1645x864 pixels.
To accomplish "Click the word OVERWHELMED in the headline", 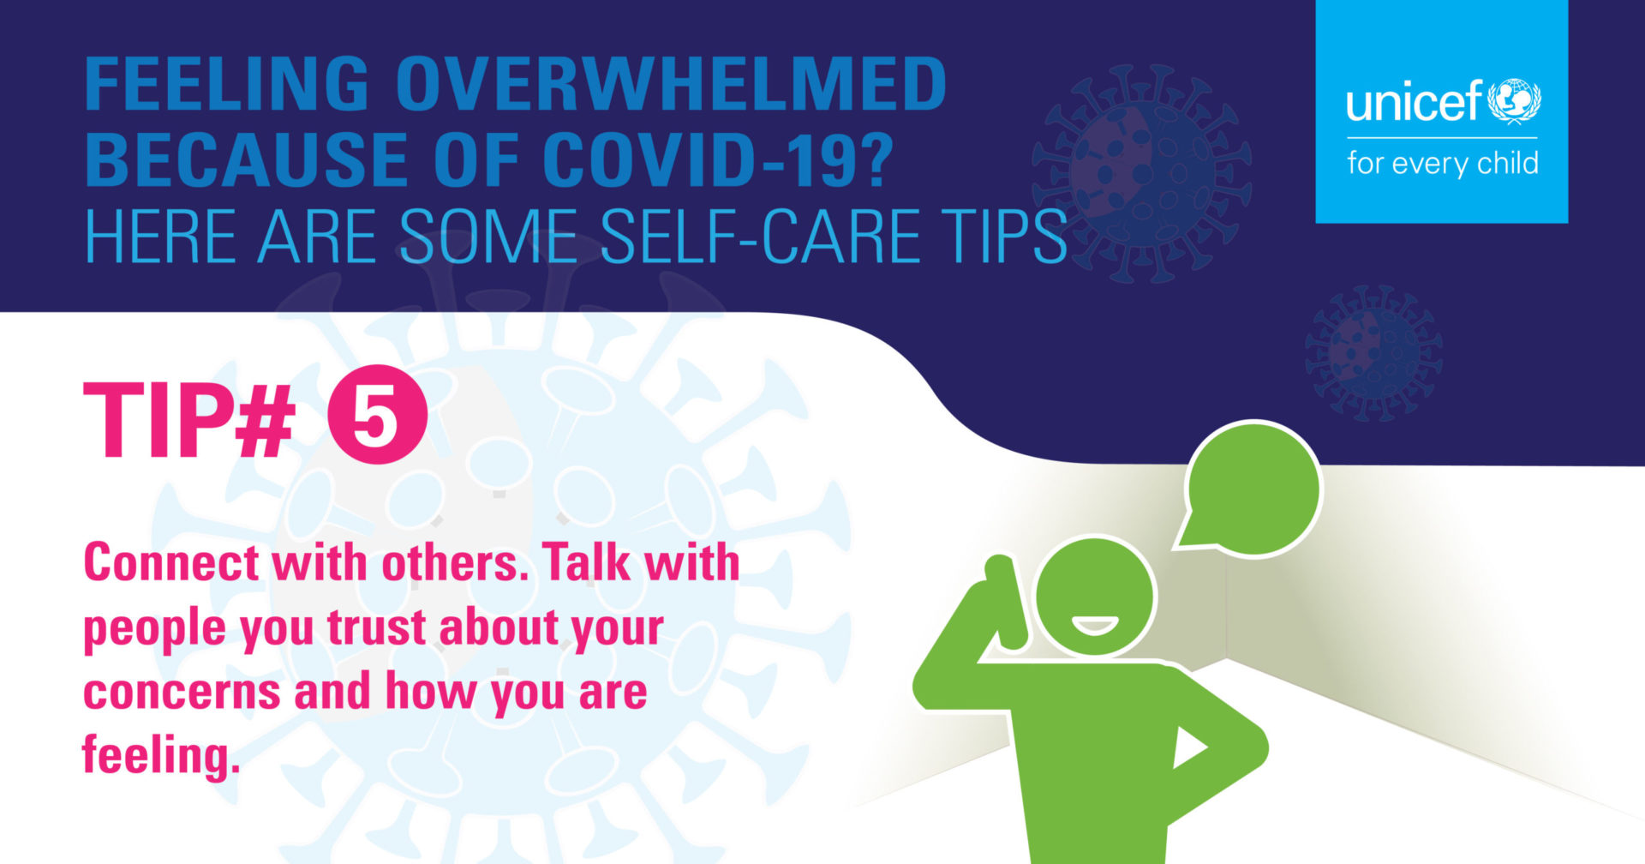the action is click(x=671, y=83).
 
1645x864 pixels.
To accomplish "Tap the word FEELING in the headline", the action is click(x=227, y=83).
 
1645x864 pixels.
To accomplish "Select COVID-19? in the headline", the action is click(x=718, y=159).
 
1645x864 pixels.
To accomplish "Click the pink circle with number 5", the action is click(x=377, y=420).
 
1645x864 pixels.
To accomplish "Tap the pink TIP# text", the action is click(x=188, y=420).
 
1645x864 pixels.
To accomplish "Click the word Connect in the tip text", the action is click(x=171, y=563).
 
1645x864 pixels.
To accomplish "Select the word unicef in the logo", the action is click(x=1414, y=102).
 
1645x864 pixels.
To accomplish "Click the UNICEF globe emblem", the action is click(x=1515, y=101).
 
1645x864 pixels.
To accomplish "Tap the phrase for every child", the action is click(x=1443, y=163).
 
